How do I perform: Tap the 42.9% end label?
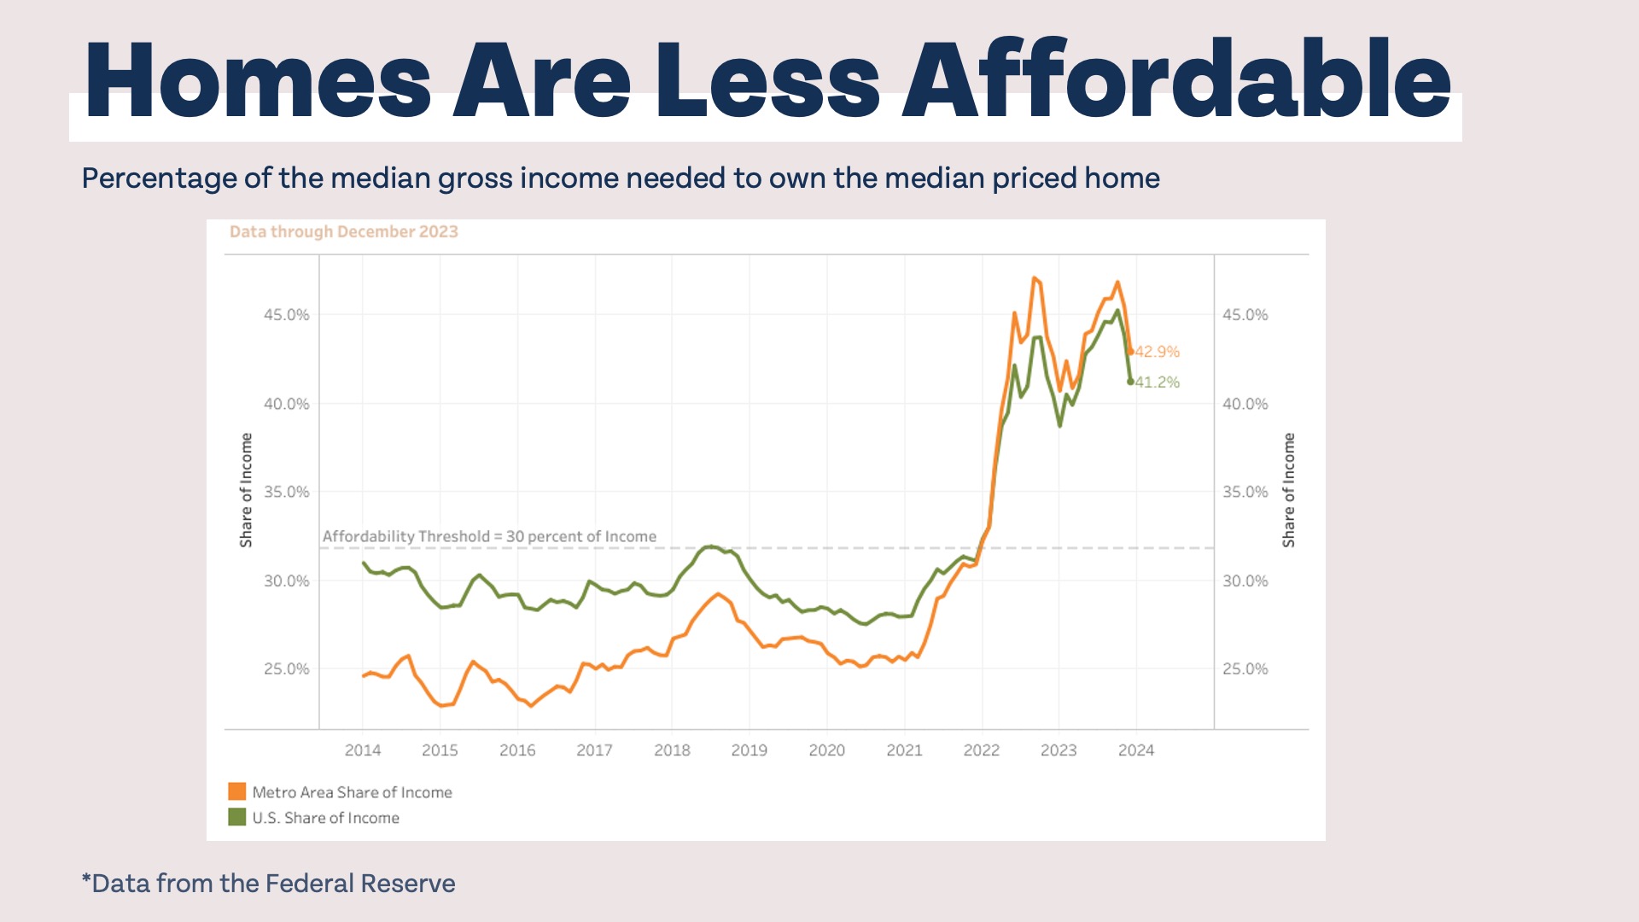click(1158, 352)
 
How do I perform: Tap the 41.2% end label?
click(1158, 382)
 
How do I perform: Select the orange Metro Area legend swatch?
click(236, 792)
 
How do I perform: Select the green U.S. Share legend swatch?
click(236, 818)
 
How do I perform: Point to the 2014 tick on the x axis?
click(363, 750)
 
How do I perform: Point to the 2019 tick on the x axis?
click(749, 750)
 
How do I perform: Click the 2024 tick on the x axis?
click(1135, 750)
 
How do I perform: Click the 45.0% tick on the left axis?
click(287, 315)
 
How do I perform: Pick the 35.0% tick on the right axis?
click(1245, 492)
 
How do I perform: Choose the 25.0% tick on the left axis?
click(287, 669)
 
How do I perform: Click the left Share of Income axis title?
click(247, 490)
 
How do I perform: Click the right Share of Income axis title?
click(1289, 490)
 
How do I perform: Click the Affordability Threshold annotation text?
click(489, 537)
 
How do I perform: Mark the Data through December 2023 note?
click(344, 232)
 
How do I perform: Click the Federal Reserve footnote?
click(268, 884)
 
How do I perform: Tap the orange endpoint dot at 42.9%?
click(1131, 352)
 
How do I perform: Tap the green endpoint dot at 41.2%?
click(1130, 382)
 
